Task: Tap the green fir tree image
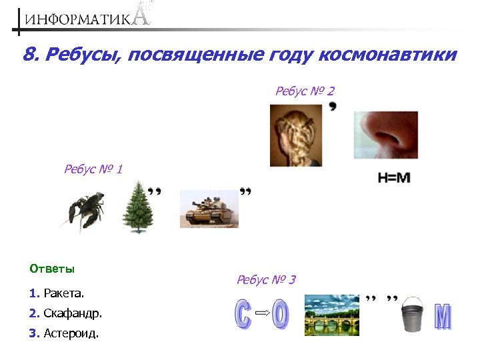138,207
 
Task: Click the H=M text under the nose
393,178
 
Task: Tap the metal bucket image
413,313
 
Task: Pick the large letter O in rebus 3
281,315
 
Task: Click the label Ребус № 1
93,169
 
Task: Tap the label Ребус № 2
305,90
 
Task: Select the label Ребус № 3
266,279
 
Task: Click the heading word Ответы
52,269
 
